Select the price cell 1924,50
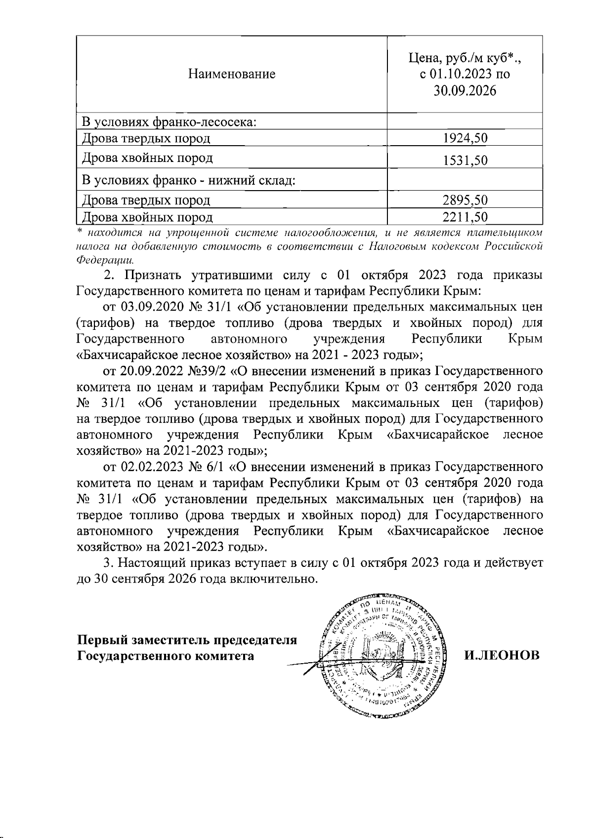point(465,138)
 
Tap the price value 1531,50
point(465,160)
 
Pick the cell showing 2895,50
point(465,200)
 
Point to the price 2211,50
point(465,217)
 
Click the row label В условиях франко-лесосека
point(169,121)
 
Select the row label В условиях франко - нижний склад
point(188,180)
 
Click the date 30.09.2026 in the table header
point(465,91)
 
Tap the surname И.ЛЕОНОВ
point(502,655)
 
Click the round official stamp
point(381,654)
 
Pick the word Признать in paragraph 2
point(153,275)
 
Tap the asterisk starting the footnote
point(80,231)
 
